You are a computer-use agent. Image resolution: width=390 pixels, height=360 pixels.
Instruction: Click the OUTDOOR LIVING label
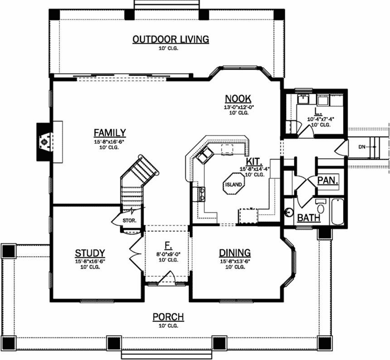[x=171, y=39]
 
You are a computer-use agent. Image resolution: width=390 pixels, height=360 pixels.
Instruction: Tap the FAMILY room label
[x=110, y=132]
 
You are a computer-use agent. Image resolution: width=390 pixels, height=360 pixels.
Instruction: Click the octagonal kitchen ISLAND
[x=234, y=186]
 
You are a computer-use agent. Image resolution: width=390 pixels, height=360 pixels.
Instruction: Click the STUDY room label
[x=89, y=253]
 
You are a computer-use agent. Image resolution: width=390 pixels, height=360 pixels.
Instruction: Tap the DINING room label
[x=235, y=253]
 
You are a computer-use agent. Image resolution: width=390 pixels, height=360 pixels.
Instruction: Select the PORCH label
[x=168, y=317]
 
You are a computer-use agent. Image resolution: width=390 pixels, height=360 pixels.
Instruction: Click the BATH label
[x=308, y=218]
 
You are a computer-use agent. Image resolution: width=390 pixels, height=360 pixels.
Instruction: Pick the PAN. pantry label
[x=327, y=180]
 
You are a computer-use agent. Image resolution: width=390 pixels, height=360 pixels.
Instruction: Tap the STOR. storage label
[x=129, y=220]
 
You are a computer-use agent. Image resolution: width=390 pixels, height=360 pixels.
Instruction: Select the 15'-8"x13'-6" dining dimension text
[x=235, y=262]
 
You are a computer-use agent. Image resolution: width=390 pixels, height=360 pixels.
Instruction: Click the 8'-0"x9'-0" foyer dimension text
[x=168, y=254]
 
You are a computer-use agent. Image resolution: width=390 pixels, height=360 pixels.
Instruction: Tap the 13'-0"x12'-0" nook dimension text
[x=239, y=107]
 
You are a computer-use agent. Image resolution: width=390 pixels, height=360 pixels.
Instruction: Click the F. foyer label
[x=168, y=246]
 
